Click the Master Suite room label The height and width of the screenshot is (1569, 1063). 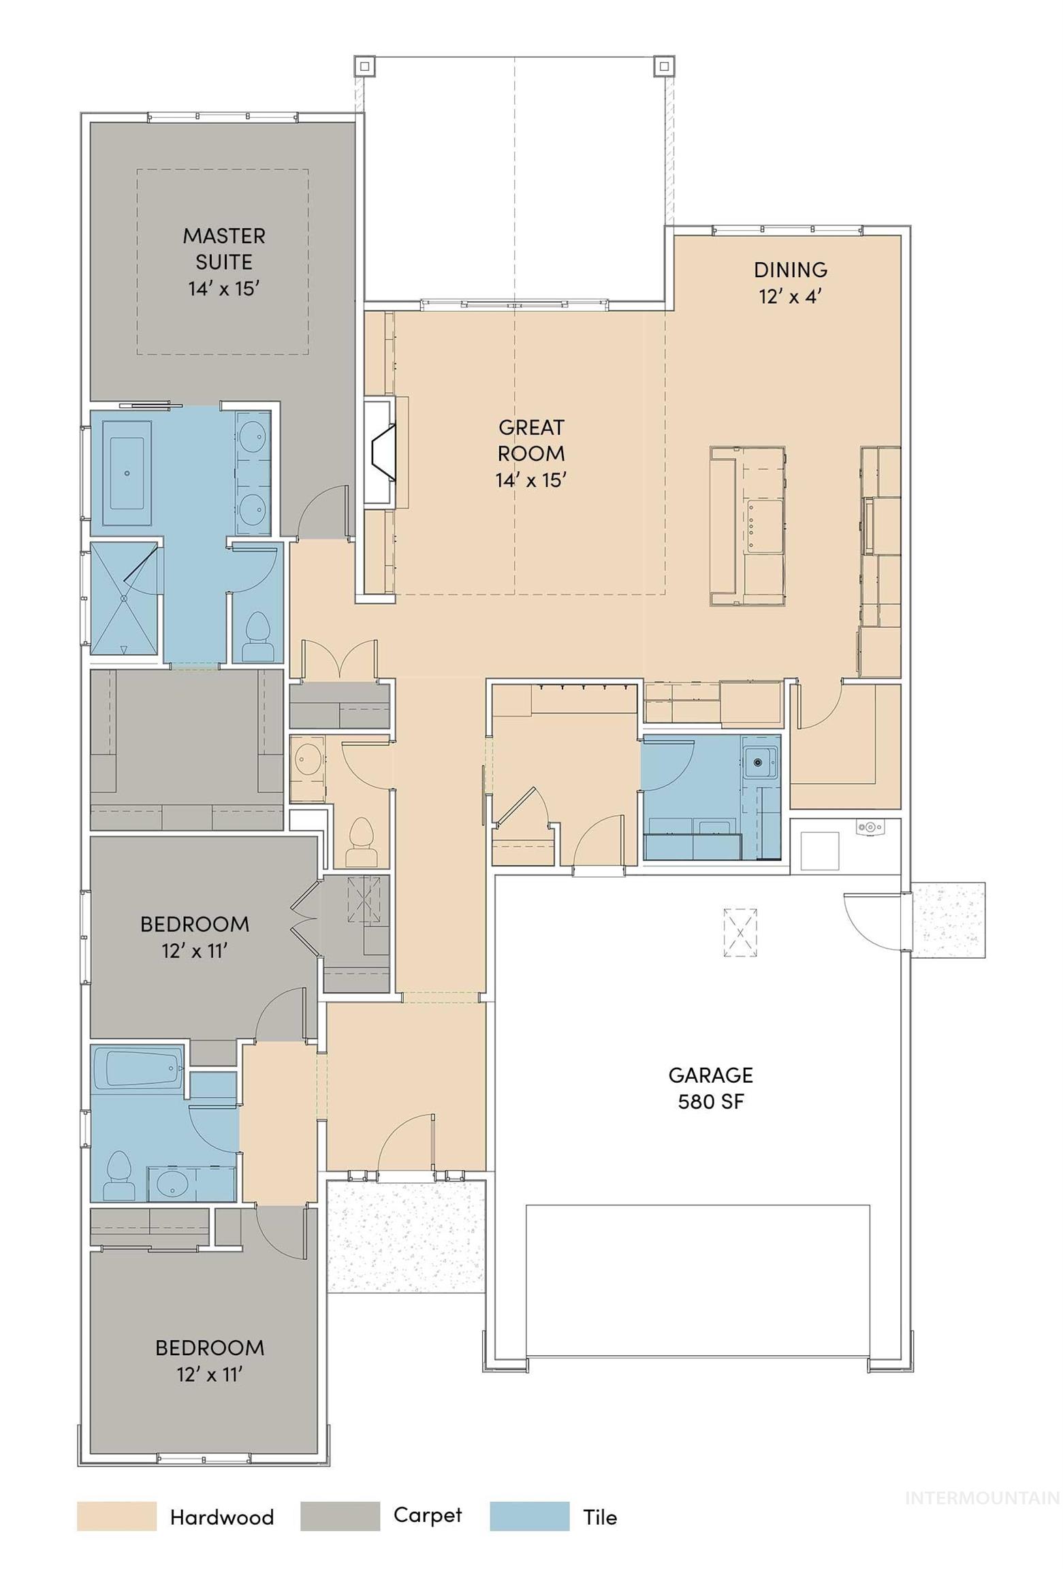[223, 262]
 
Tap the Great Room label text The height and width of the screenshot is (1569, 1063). [530, 453]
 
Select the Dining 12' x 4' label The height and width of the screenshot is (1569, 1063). [789, 283]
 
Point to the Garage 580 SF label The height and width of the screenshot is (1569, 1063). [710, 1088]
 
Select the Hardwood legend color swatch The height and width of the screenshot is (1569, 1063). [116, 1517]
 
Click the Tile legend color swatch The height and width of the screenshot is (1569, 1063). [528, 1517]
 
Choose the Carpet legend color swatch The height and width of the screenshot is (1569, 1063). [339, 1517]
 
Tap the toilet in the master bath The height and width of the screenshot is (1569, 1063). [257, 636]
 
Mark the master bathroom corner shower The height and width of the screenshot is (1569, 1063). [123, 598]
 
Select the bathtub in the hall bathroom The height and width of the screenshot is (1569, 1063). [136, 1068]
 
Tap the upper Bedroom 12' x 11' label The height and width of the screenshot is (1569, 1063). [194, 937]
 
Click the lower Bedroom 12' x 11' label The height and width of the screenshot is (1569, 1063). [209, 1361]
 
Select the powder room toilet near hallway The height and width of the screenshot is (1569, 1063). [361, 842]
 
